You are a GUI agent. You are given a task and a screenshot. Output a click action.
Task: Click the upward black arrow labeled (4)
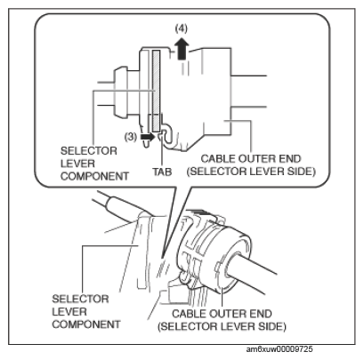182,50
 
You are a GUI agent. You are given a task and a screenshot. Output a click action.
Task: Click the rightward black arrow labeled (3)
148,137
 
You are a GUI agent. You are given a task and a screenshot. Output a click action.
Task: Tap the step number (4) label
182,28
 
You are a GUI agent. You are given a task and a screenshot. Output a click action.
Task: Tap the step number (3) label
131,137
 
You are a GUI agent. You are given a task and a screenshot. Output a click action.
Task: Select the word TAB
162,172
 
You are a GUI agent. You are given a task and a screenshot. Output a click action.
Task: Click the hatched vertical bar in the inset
156,91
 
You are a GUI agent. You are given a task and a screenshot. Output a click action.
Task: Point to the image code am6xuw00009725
279,349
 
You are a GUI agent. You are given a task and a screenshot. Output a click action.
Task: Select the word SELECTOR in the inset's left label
89,151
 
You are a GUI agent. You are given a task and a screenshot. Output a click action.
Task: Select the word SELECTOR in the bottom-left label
80,299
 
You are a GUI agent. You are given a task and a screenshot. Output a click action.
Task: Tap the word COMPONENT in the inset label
94,177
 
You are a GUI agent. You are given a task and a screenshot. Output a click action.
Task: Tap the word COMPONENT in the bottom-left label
86,324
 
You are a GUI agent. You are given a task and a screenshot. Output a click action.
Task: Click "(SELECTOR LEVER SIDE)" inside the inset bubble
251,172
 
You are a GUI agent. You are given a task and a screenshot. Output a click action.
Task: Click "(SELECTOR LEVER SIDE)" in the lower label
222,326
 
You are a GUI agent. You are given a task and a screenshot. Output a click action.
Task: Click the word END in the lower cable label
262,314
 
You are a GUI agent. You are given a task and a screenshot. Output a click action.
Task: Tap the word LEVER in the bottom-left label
69,312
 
